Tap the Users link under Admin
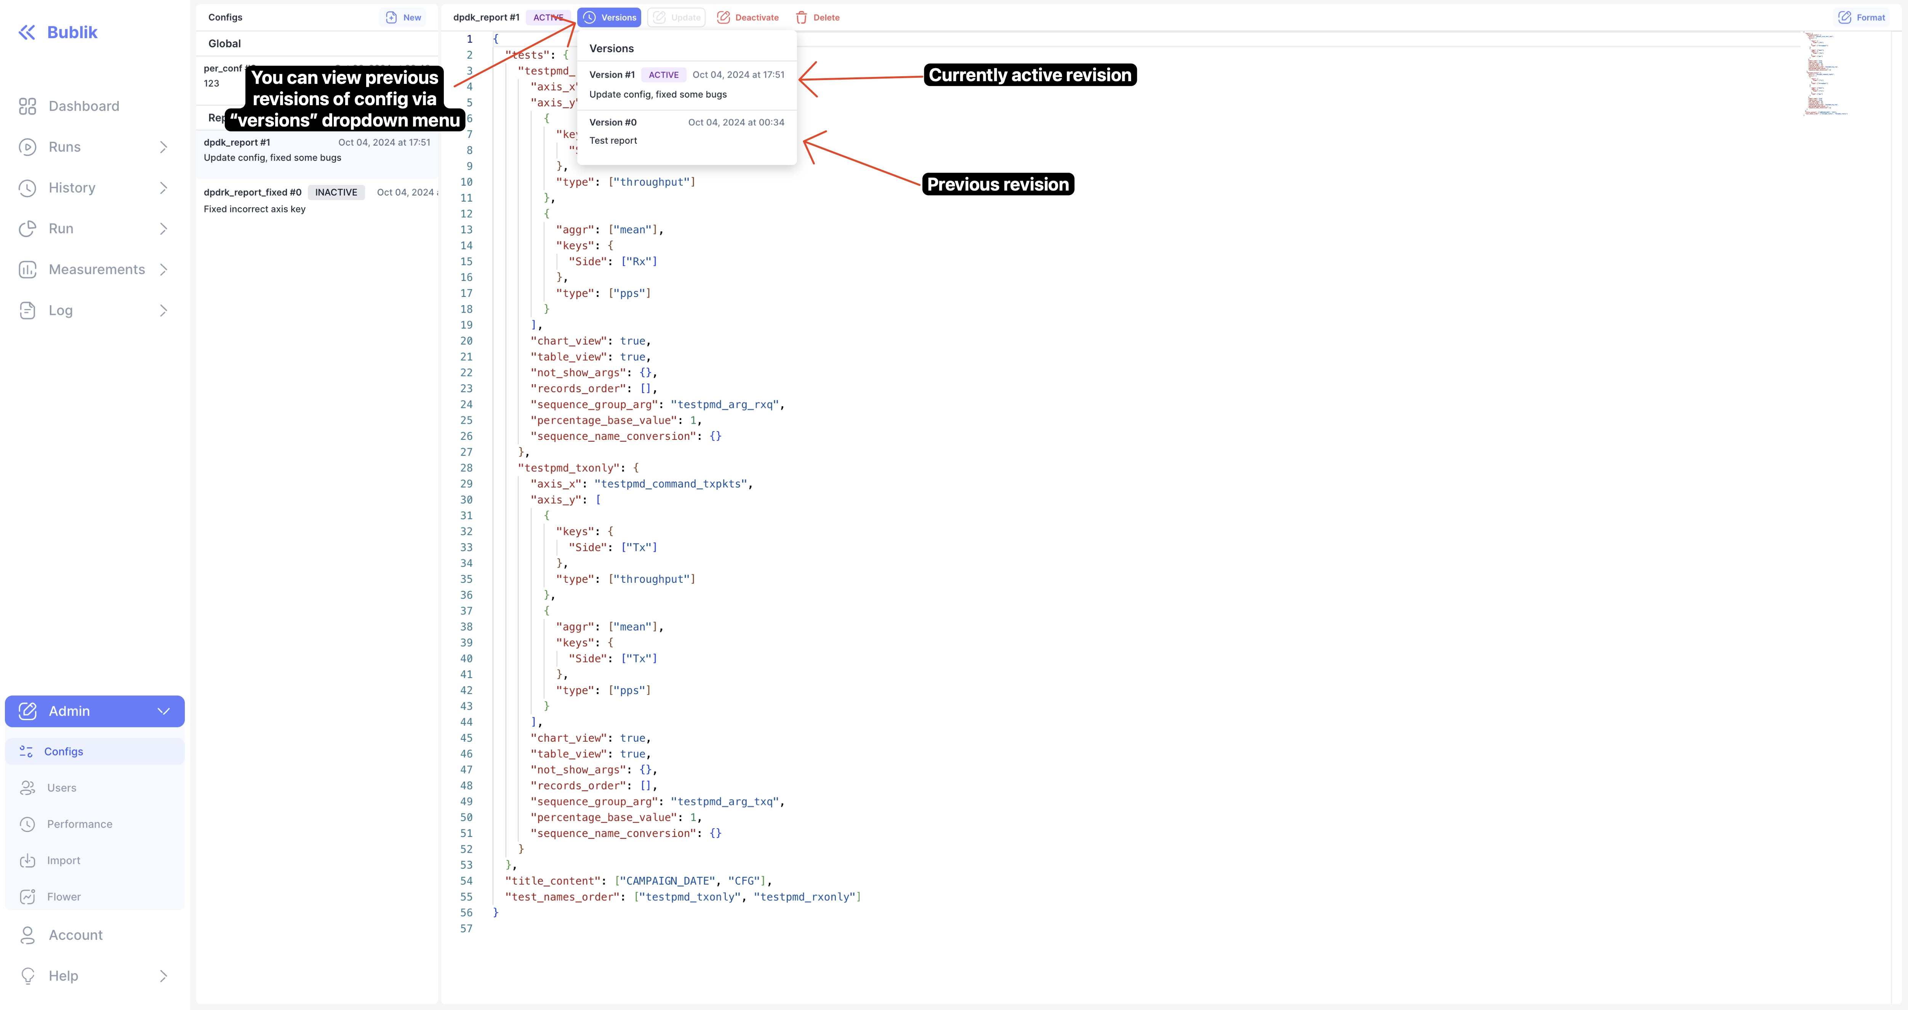tap(61, 788)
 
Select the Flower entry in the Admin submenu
tap(64, 897)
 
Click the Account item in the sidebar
tap(75, 935)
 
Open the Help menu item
tap(63, 976)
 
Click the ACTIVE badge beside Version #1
tap(663, 75)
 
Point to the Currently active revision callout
tap(1029, 75)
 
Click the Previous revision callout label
tap(998, 184)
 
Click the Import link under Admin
tap(64, 860)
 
